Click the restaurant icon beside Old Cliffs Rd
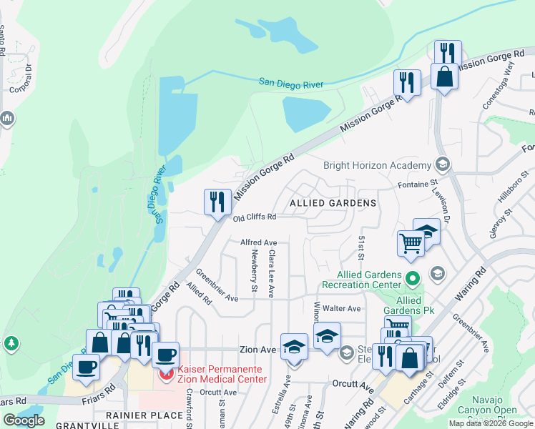(x=217, y=202)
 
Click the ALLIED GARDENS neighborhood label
(x=333, y=203)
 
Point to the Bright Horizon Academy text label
(x=378, y=165)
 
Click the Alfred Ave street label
(x=258, y=243)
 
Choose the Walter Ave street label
(x=342, y=308)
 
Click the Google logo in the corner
(x=24, y=420)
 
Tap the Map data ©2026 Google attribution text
(x=491, y=423)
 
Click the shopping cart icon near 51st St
(x=411, y=243)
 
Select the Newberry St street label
(x=254, y=275)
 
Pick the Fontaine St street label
(x=417, y=184)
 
